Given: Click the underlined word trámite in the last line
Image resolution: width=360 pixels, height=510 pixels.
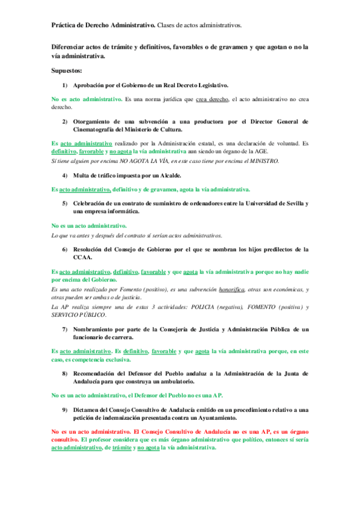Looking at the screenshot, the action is coord(122,447).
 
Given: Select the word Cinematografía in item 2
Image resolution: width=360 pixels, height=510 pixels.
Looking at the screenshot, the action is coord(99,129).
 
